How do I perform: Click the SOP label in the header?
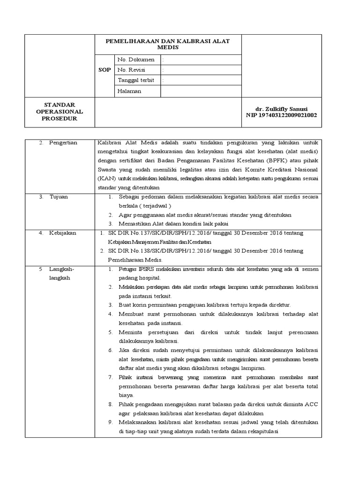[x=105, y=70]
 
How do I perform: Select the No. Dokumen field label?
[x=135, y=60]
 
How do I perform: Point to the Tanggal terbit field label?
[x=136, y=80]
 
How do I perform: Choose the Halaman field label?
[x=129, y=91]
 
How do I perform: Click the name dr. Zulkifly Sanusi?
[x=281, y=108]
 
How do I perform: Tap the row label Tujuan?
[x=59, y=197]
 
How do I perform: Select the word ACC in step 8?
[x=311, y=405]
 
